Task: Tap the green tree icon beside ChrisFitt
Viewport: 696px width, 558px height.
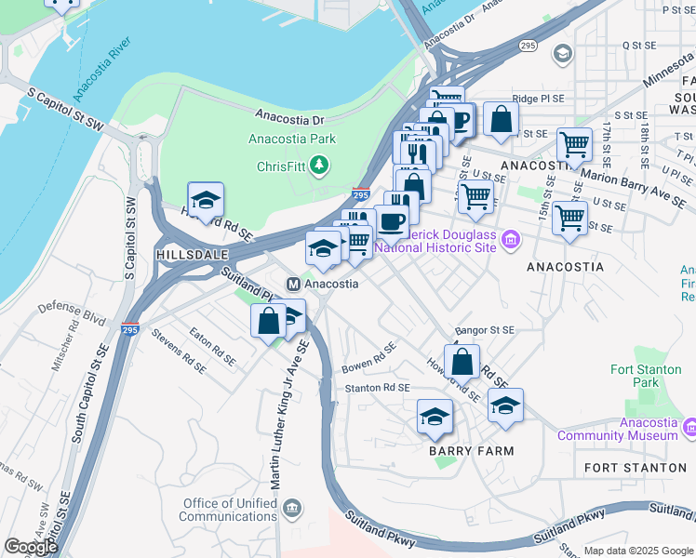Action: [x=320, y=166]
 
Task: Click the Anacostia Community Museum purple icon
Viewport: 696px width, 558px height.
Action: [x=689, y=428]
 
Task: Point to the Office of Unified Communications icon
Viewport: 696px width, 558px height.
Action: [x=292, y=508]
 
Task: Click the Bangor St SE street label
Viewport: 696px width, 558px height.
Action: [x=484, y=330]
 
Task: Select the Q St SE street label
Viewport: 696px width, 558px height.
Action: [x=638, y=45]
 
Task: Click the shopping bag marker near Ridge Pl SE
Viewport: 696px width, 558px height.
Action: [x=501, y=119]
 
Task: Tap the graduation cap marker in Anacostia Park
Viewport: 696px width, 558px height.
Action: [x=206, y=200]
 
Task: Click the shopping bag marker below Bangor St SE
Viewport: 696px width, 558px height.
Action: [x=462, y=362]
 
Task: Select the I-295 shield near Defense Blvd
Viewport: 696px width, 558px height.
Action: [x=130, y=329]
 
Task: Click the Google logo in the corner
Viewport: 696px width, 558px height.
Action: [x=31, y=548]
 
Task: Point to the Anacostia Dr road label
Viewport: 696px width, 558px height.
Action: [x=290, y=119]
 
